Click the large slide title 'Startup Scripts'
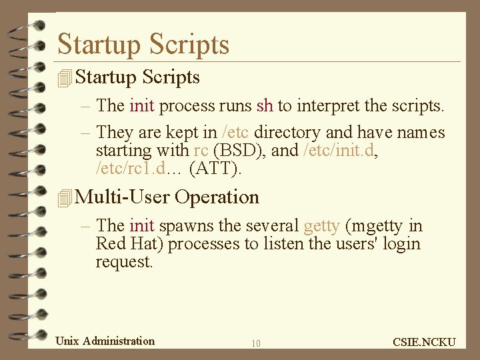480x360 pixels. point(143,44)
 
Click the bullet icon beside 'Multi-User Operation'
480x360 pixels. point(65,198)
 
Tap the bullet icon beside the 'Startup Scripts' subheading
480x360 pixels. point(65,78)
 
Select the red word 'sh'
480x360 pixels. point(265,105)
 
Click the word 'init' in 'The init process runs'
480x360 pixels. point(141,105)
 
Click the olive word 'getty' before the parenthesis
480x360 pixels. point(321,226)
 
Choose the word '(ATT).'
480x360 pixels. point(216,169)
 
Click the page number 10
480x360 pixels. point(256,343)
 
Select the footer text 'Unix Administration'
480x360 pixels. point(105,341)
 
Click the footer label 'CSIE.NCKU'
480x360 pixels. point(425,342)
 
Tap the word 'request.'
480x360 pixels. point(125,261)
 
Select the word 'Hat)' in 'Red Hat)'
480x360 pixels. point(147,244)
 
